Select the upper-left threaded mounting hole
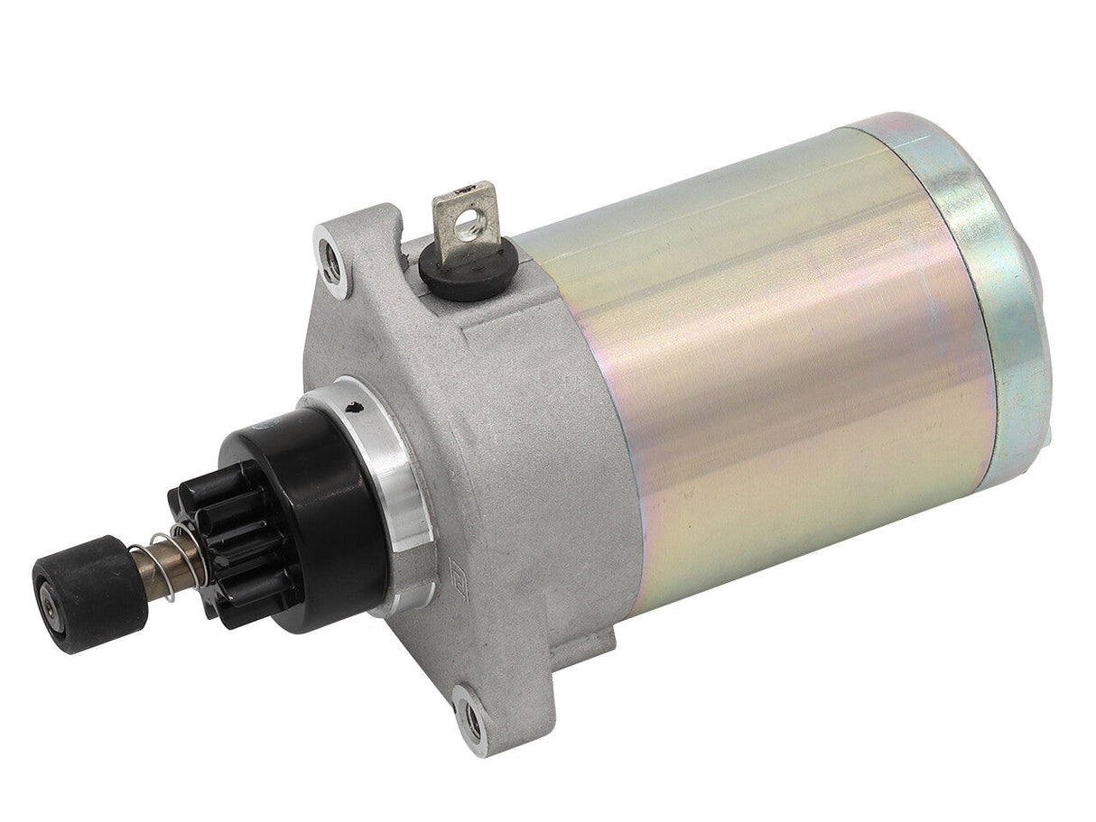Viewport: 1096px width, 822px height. (332, 263)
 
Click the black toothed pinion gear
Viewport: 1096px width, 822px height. (221, 541)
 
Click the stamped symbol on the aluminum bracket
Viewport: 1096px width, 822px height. (456, 571)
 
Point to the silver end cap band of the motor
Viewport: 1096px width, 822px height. (993, 271)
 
